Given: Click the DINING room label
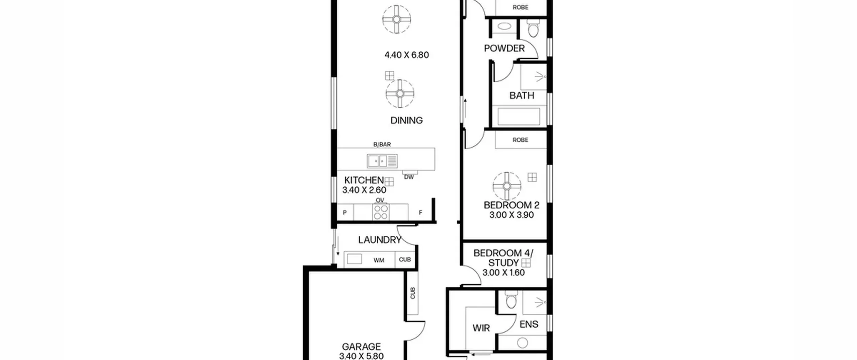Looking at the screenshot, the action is (x=406, y=120).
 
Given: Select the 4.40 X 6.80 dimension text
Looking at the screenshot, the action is (x=406, y=55).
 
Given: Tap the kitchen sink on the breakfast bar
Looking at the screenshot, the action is (x=382, y=161).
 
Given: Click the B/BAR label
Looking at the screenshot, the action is (x=382, y=144).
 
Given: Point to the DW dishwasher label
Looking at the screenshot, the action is (x=409, y=177).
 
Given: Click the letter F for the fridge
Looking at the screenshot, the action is (x=420, y=212).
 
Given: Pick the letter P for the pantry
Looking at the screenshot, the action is (x=344, y=213).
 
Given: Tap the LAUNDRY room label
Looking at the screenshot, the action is (x=379, y=240).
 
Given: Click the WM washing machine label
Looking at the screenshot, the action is (x=379, y=260).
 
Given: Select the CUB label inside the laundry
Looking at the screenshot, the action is (x=405, y=260).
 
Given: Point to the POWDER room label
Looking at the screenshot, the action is (x=504, y=49).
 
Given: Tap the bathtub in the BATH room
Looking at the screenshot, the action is (x=519, y=116).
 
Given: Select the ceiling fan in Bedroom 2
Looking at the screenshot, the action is (x=507, y=186).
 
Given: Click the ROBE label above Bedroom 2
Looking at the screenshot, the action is (x=520, y=140).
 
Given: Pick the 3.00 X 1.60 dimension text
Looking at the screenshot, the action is (x=503, y=273).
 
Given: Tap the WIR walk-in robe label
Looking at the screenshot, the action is (x=481, y=328).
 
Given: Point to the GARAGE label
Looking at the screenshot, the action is (x=361, y=347).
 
